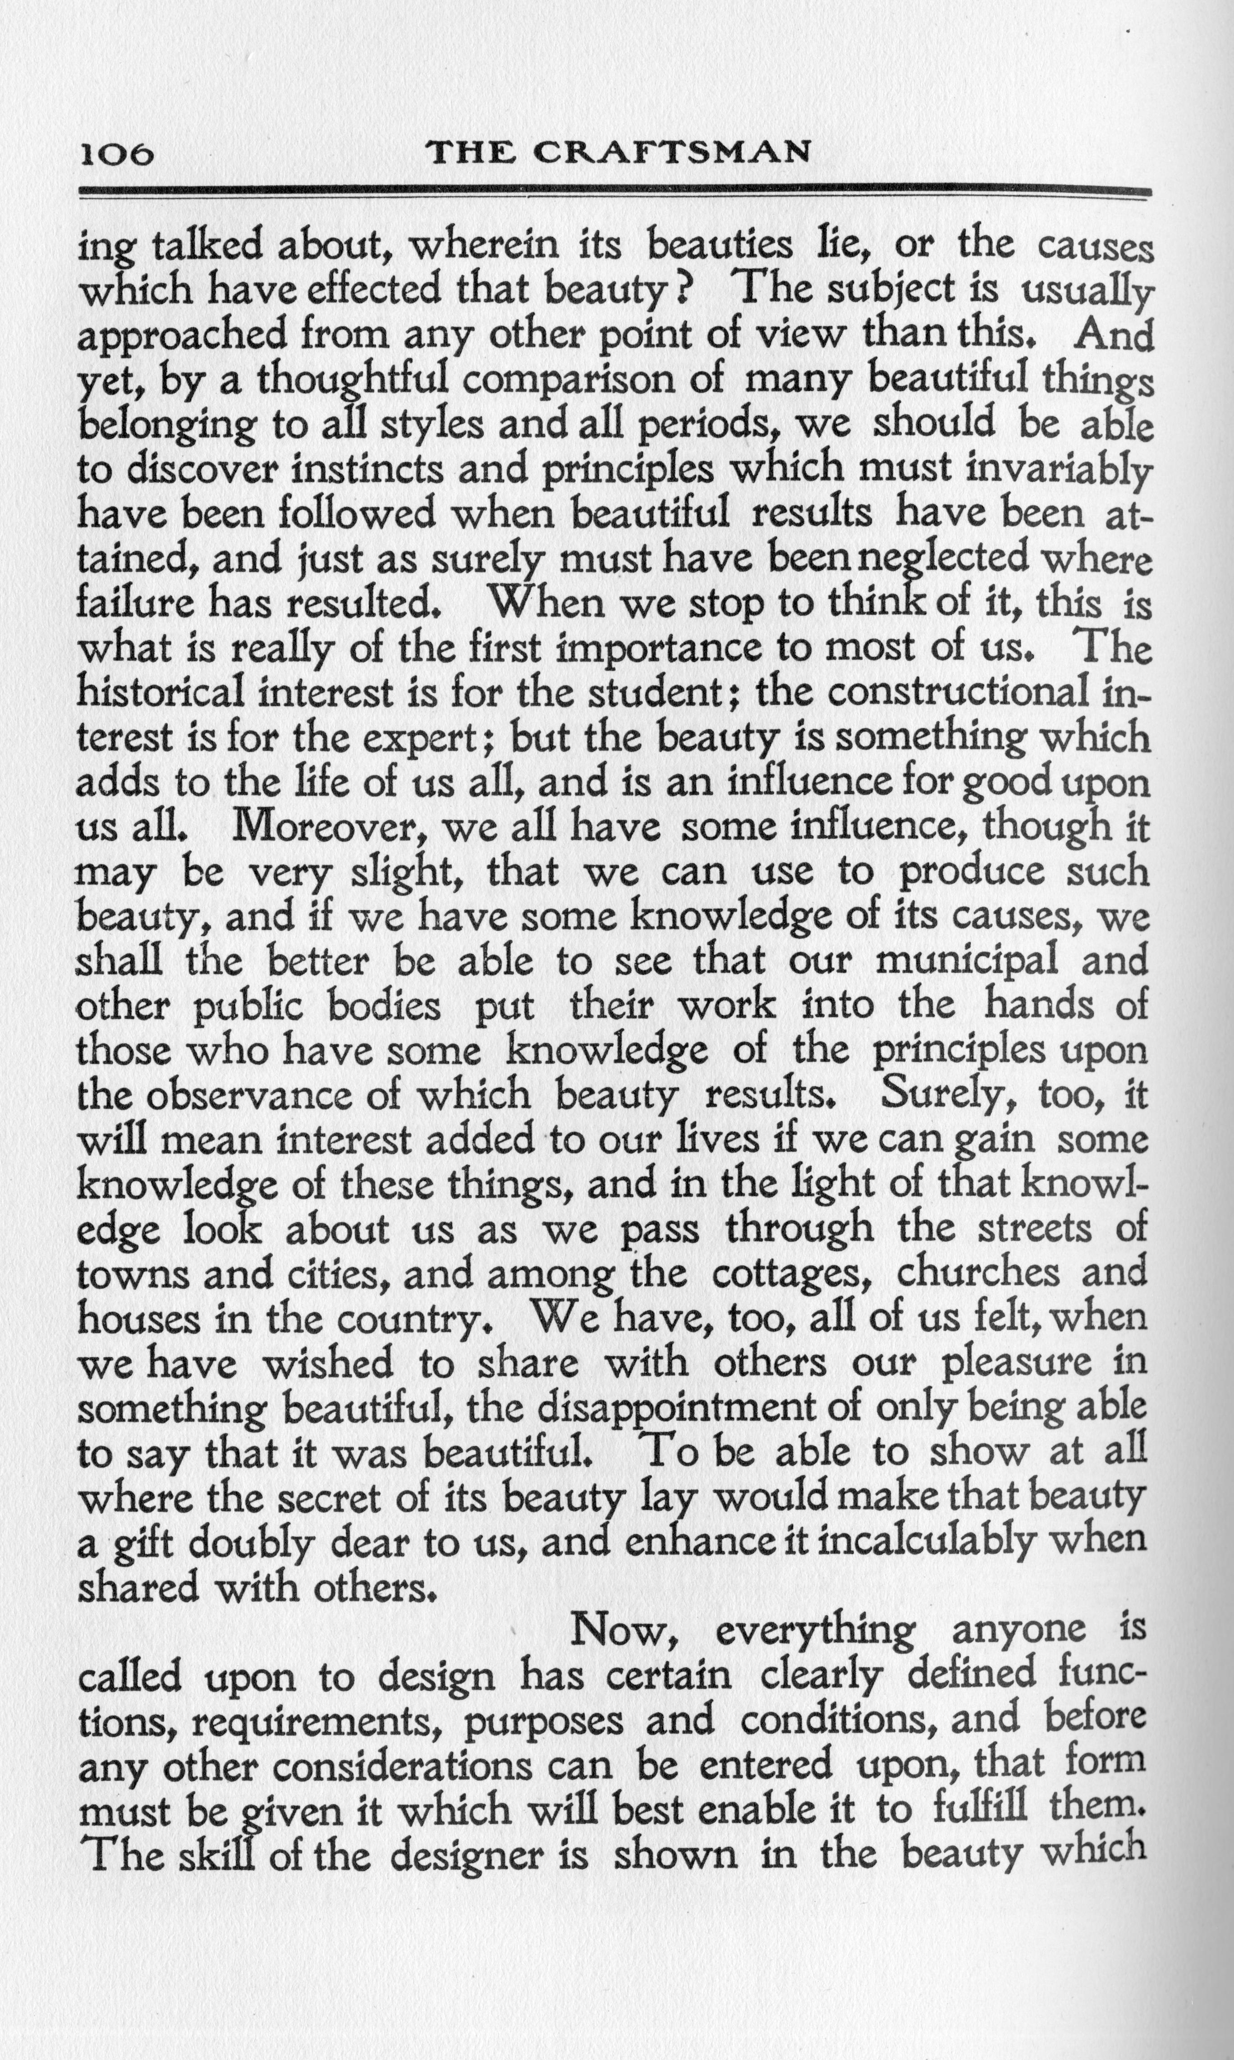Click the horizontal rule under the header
coord(615,193)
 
